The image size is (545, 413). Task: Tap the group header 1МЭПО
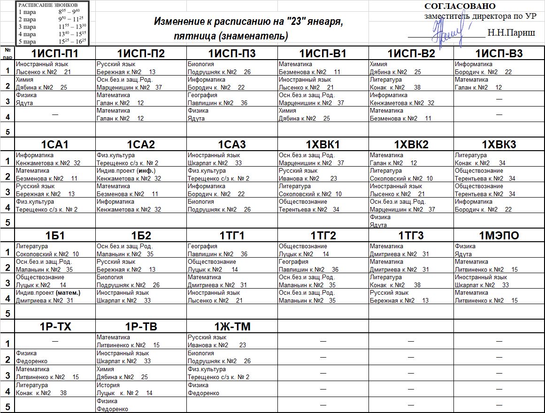pyautogui.click(x=499, y=236)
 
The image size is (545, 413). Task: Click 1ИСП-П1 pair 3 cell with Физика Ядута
pyautogui.click(x=54, y=99)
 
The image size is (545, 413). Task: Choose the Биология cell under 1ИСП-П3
pyautogui.click(x=231, y=68)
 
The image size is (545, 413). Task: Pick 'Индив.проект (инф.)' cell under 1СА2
pyautogui.click(x=140, y=175)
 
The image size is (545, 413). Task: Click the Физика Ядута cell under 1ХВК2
pyautogui.click(x=410, y=221)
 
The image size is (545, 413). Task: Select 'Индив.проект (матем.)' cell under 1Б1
pyautogui.click(x=54, y=297)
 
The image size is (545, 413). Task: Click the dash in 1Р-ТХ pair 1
pyautogui.click(x=55, y=340)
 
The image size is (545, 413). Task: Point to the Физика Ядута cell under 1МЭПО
pyautogui.click(x=499, y=250)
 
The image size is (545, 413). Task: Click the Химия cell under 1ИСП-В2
pyautogui.click(x=410, y=68)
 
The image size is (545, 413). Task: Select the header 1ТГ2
pyautogui.click(x=322, y=236)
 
